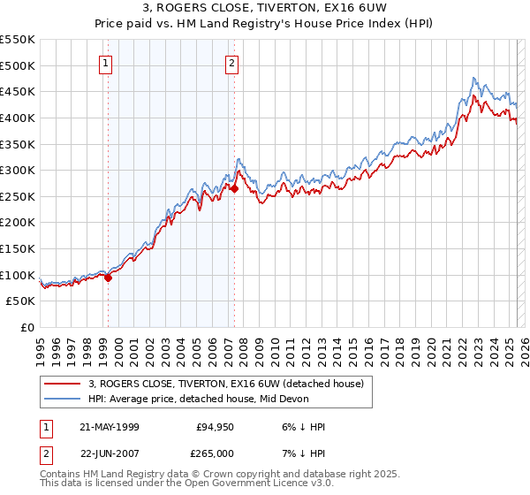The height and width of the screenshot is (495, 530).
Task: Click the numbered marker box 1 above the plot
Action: [x=105, y=63]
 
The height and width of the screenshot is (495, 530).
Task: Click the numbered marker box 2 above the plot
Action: [x=231, y=63]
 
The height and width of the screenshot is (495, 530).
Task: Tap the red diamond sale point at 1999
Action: [x=109, y=278]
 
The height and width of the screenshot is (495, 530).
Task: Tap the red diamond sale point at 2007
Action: [x=235, y=188]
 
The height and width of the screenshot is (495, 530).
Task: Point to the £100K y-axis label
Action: [x=18, y=275]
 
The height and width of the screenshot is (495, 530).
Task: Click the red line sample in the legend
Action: [x=62, y=384]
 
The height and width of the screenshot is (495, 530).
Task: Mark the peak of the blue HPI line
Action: [x=474, y=78]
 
